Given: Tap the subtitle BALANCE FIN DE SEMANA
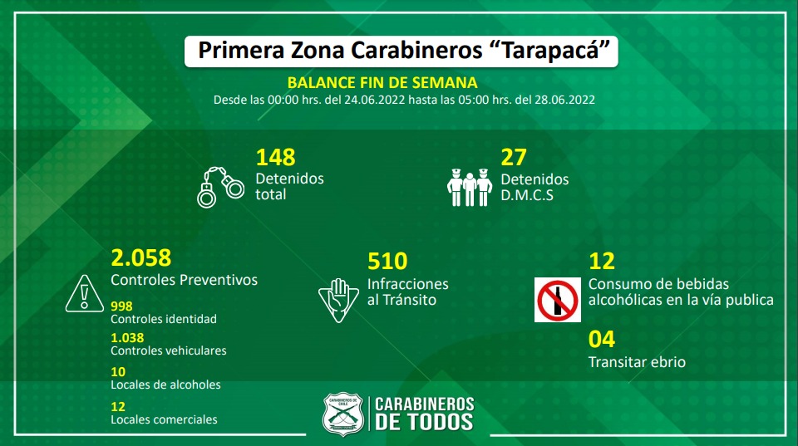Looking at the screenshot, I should (x=382, y=82).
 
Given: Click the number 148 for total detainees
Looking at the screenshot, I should (x=275, y=157).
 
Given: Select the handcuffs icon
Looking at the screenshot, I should (x=220, y=186).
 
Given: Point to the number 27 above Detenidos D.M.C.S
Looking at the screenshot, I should (x=513, y=157).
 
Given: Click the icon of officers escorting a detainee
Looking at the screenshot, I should (x=470, y=186).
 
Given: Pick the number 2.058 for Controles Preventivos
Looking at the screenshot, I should (x=140, y=257).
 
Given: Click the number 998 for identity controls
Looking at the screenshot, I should (x=121, y=306).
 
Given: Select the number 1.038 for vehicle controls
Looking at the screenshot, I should (x=126, y=337).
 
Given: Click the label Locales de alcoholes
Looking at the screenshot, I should (x=165, y=385).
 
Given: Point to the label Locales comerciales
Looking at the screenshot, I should (x=164, y=419).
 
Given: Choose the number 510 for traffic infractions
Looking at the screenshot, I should (x=387, y=262).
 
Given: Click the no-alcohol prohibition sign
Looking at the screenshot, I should (x=557, y=299).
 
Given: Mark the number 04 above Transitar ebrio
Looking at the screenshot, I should (x=601, y=340).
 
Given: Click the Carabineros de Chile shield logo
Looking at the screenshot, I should (x=343, y=413).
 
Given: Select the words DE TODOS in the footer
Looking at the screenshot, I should (x=424, y=422).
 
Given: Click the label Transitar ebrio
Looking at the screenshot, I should (x=637, y=362).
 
